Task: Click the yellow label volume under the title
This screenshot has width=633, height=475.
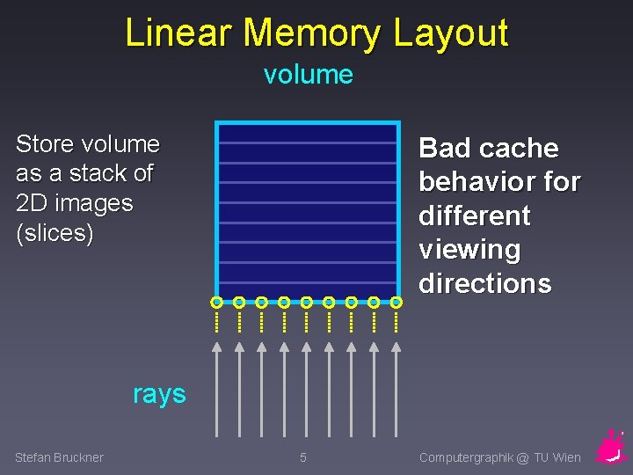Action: pos(308,75)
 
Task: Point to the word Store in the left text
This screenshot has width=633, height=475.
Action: pos(46,144)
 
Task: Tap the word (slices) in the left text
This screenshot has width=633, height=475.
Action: pos(55,234)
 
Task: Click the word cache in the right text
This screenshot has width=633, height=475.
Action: pos(520,148)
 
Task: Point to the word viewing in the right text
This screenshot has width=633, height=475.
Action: pos(469,250)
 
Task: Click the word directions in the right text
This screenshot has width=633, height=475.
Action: pos(484,283)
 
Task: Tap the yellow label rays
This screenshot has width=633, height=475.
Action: pos(159,393)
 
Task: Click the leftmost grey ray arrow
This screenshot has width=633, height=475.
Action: pos(217,387)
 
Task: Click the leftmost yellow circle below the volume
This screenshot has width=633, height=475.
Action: pos(216,303)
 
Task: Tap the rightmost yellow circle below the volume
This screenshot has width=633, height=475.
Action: pos(396,303)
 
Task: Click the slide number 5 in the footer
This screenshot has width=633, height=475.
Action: pos(303,457)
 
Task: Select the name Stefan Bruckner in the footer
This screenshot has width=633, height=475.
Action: pos(59,457)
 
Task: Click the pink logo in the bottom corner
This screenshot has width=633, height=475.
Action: pos(610,448)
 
